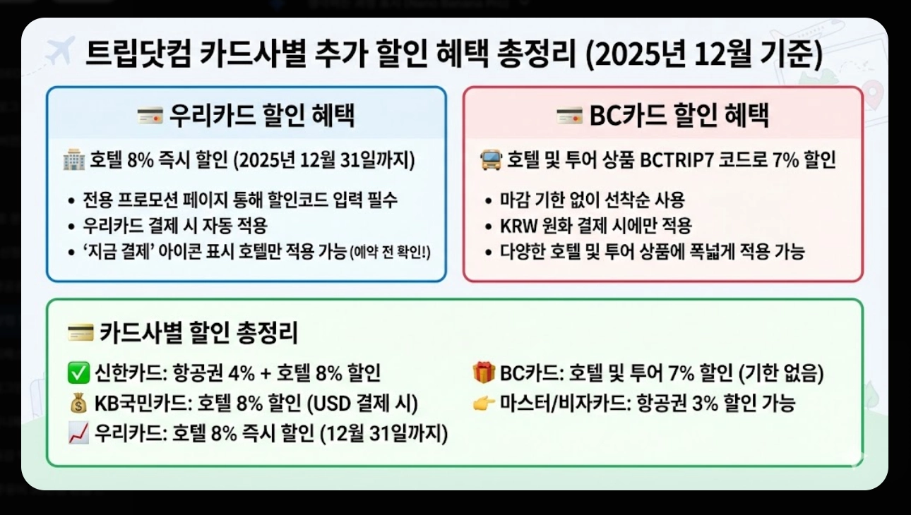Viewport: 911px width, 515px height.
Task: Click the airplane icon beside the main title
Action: pyautogui.click(x=59, y=52)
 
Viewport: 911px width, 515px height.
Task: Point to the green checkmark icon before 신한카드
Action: pyautogui.click(x=77, y=371)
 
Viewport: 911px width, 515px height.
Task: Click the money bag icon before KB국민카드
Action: pyautogui.click(x=77, y=404)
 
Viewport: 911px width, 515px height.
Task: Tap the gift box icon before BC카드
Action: pyautogui.click(x=484, y=371)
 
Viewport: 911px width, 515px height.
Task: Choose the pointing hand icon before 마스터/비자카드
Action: pyautogui.click(x=484, y=404)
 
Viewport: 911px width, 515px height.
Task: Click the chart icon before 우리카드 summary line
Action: pyautogui.click(x=77, y=434)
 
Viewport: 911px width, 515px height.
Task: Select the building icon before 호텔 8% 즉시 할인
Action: pyautogui.click(x=73, y=161)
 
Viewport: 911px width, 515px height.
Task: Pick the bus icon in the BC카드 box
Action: pyautogui.click(x=490, y=161)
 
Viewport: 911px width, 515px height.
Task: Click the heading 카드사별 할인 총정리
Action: pyautogui.click(x=198, y=332)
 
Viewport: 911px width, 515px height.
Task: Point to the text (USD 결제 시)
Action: pyautogui.click(x=362, y=404)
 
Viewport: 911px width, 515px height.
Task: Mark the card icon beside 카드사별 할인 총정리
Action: pyautogui.click(x=80, y=332)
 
